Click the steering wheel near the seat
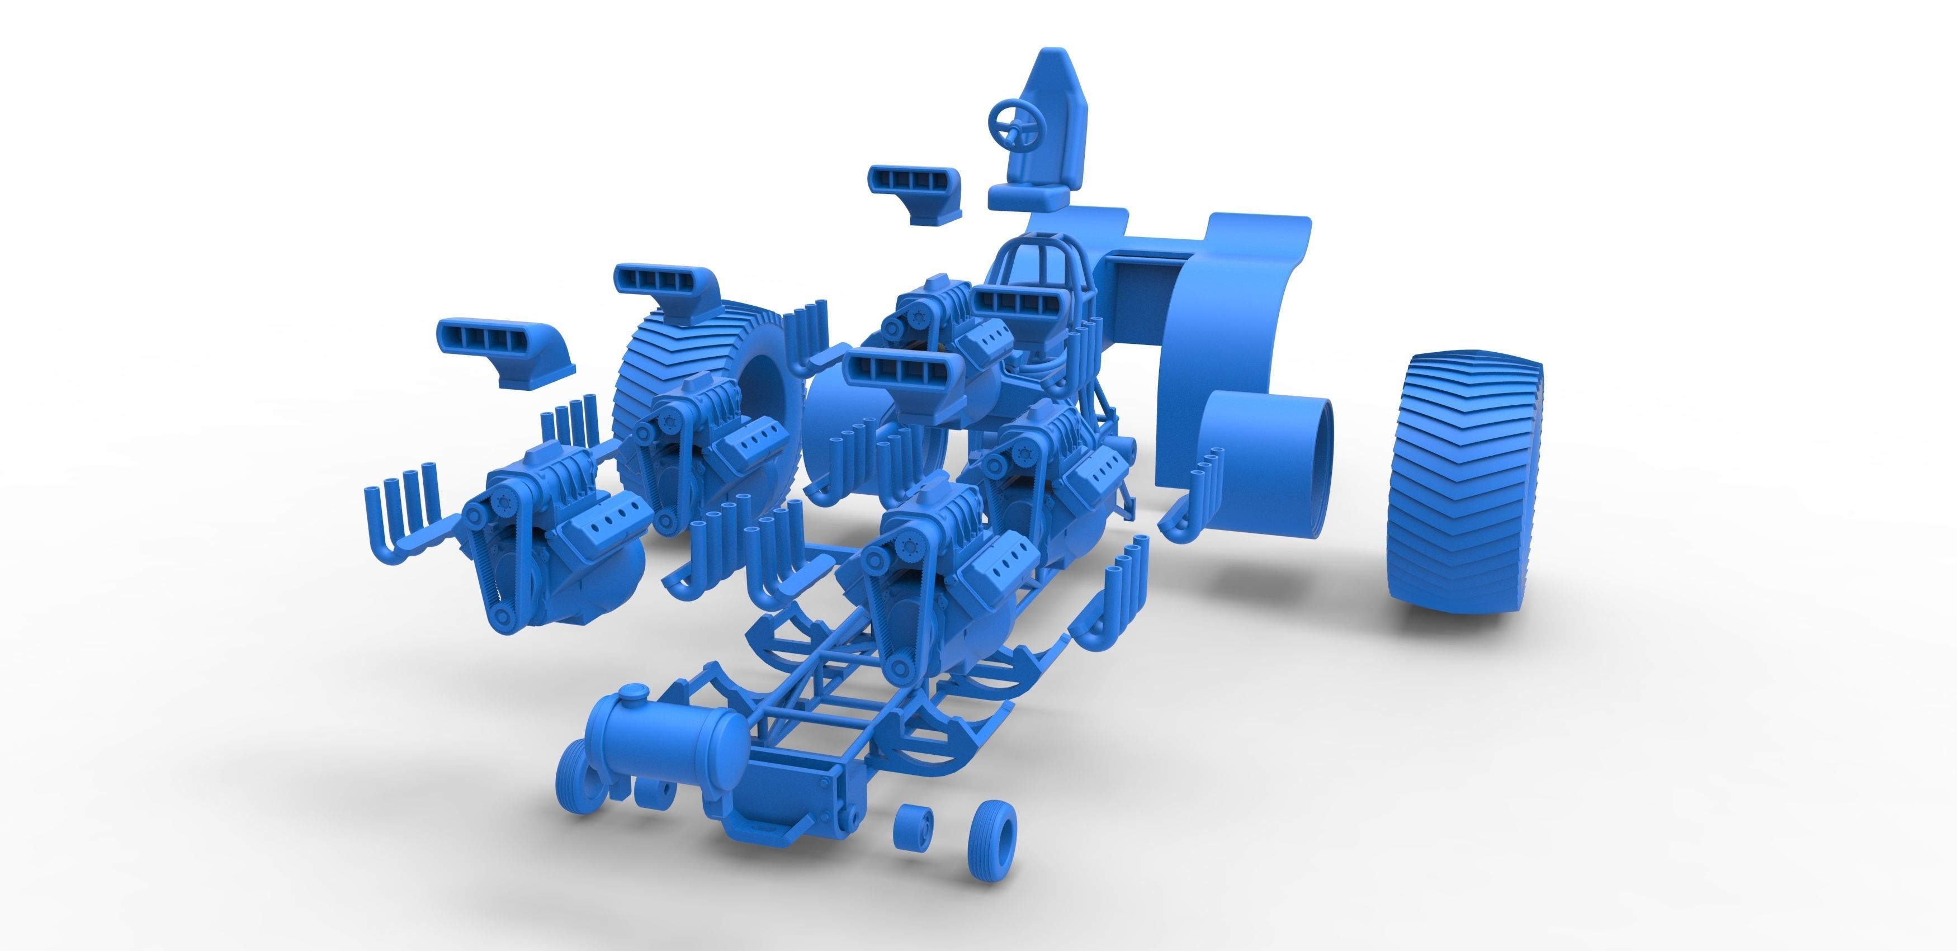pyautogui.click(x=1016, y=121)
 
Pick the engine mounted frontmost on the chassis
pyautogui.click(x=934, y=578)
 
